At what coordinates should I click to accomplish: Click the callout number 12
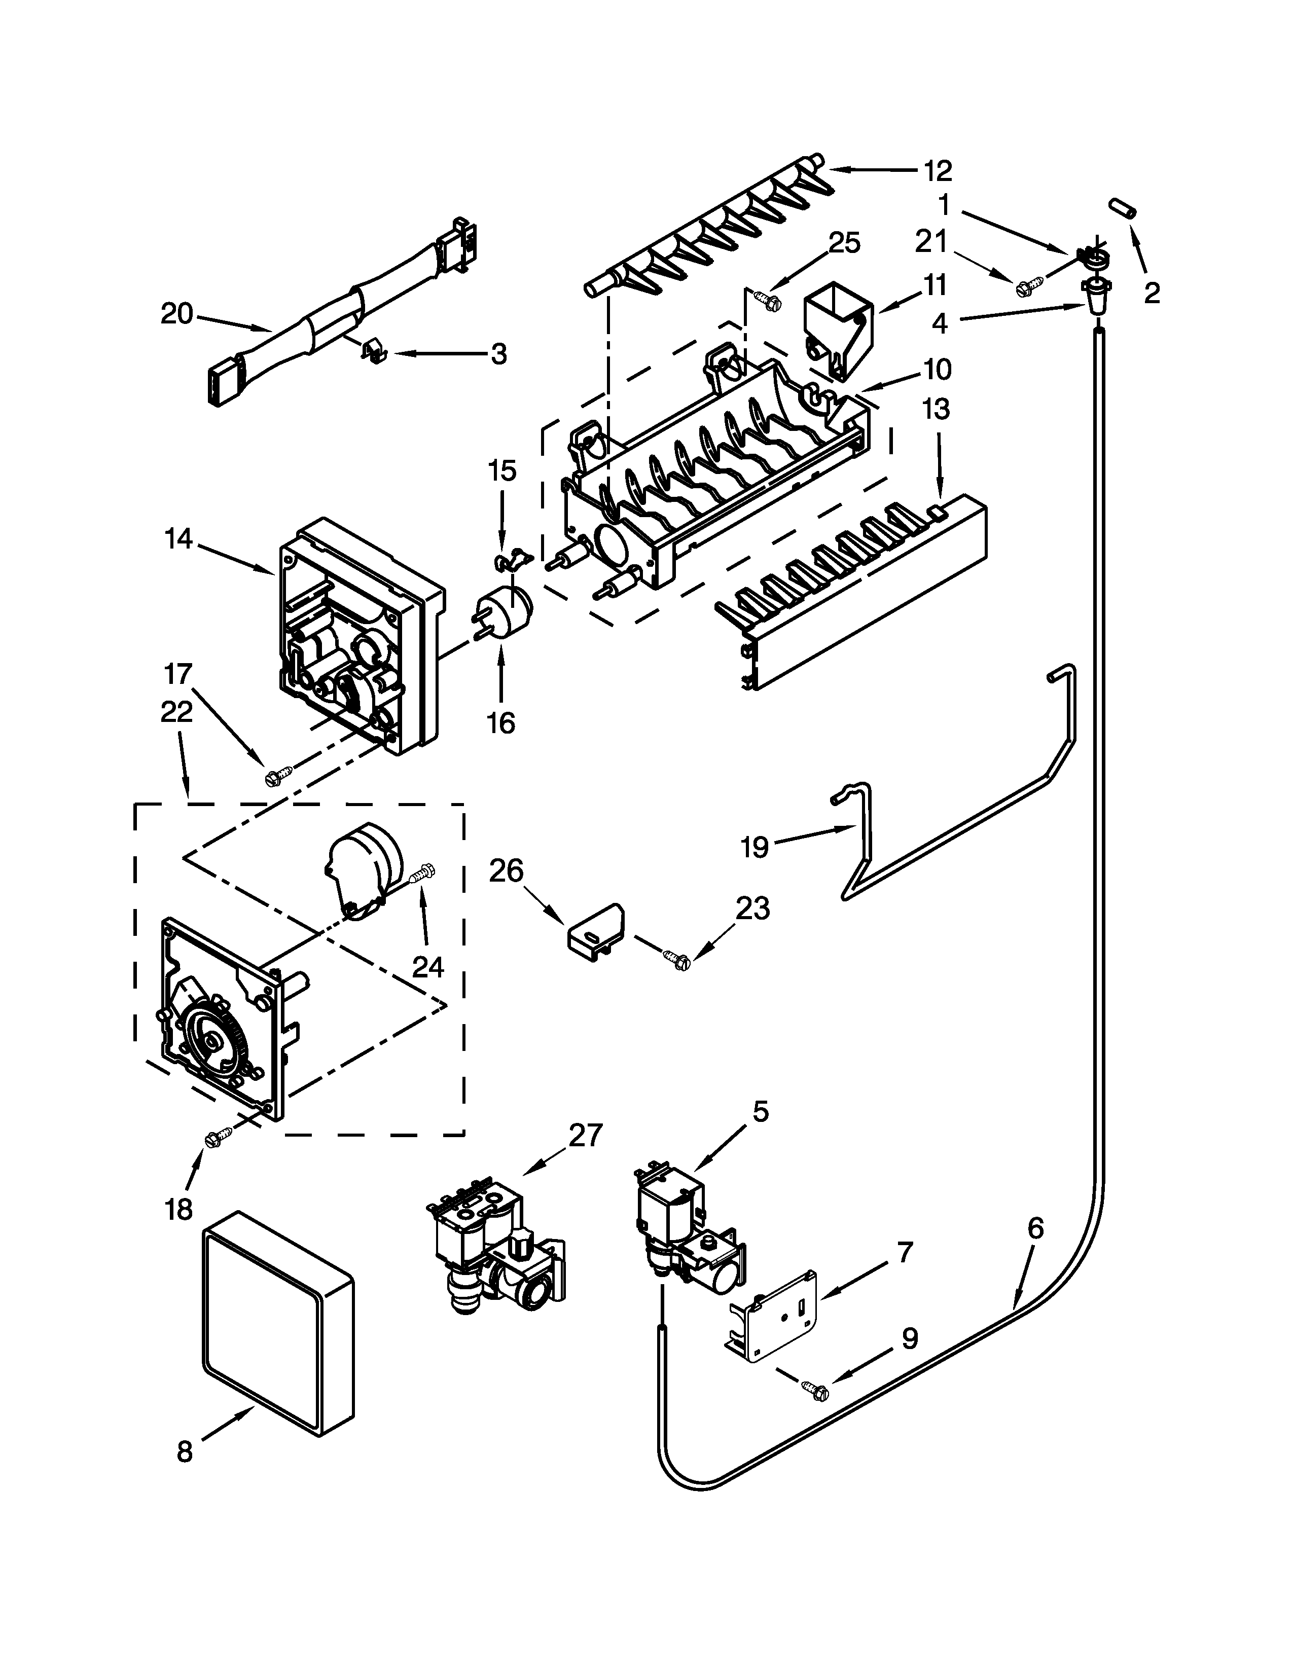(937, 171)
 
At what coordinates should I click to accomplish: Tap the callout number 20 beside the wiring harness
(177, 315)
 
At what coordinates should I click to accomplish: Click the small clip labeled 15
(510, 562)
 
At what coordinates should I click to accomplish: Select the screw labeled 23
(677, 957)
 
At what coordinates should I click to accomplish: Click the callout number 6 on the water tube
(1034, 1228)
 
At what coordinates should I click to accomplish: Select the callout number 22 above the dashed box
(177, 712)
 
